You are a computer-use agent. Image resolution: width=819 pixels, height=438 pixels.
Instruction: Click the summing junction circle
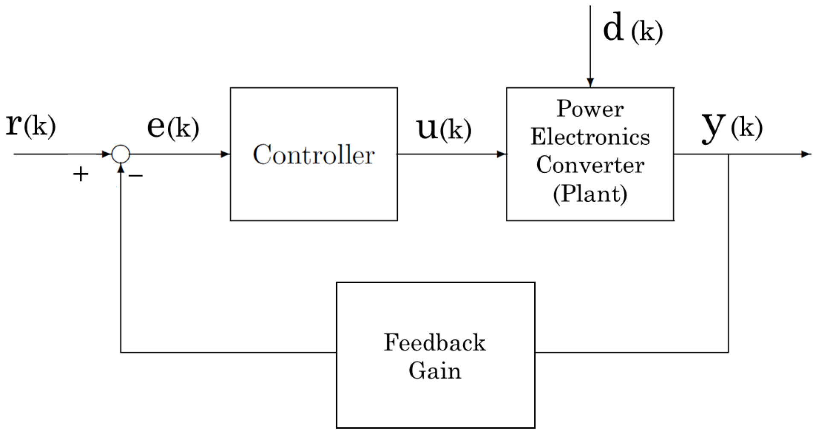pos(121,154)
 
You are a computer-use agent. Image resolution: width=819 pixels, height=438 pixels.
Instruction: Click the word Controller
pos(314,155)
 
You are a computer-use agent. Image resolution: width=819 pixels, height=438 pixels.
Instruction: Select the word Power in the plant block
pos(590,109)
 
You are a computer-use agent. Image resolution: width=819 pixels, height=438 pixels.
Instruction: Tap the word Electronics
pos(590,137)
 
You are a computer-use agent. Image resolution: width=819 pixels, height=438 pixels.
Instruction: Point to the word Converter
pos(590,165)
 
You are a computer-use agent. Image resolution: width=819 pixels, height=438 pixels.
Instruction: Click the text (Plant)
pos(590,194)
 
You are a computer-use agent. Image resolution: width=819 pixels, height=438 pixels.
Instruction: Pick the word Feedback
pos(434,342)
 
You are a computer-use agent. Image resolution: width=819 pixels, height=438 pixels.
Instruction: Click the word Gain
pos(434,371)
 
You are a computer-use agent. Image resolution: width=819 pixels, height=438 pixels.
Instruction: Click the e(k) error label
pos(173,127)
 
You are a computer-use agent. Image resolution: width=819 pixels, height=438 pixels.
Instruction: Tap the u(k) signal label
pos(444,129)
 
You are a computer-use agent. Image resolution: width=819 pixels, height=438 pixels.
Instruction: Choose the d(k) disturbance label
pos(632,30)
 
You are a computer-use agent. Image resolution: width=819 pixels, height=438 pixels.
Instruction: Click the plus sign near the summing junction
pos(81,174)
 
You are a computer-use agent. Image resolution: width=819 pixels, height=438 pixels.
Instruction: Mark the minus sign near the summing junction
pos(136,175)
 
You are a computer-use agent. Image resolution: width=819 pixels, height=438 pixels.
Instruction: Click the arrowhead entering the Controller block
pos(225,154)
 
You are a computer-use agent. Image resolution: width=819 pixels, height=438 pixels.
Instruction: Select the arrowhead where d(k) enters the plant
pos(590,83)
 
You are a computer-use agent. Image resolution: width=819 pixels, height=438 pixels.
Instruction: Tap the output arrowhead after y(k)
pos(806,154)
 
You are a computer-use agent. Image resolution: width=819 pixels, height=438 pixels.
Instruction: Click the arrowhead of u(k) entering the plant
pos(502,154)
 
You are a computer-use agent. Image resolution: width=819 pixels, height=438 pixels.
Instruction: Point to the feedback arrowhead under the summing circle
pos(121,168)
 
